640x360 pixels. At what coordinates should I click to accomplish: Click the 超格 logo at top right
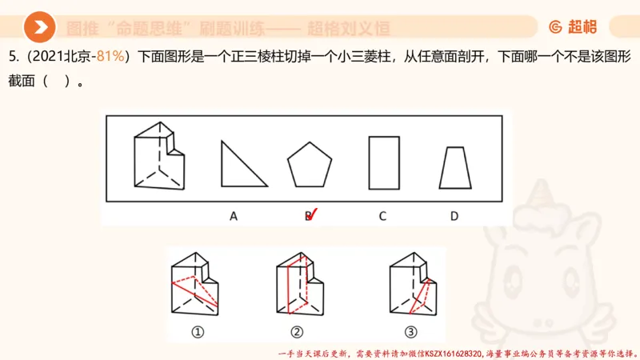pyautogui.click(x=574, y=27)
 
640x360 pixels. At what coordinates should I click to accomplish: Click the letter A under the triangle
pyautogui.click(x=233, y=215)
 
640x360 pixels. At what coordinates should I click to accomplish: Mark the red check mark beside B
pyautogui.click(x=312, y=214)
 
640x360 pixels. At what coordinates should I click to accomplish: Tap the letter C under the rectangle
pyautogui.click(x=383, y=215)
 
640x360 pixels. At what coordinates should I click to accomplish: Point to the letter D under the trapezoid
pyautogui.click(x=454, y=215)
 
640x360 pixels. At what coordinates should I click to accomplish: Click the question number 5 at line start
pyautogui.click(x=12, y=57)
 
